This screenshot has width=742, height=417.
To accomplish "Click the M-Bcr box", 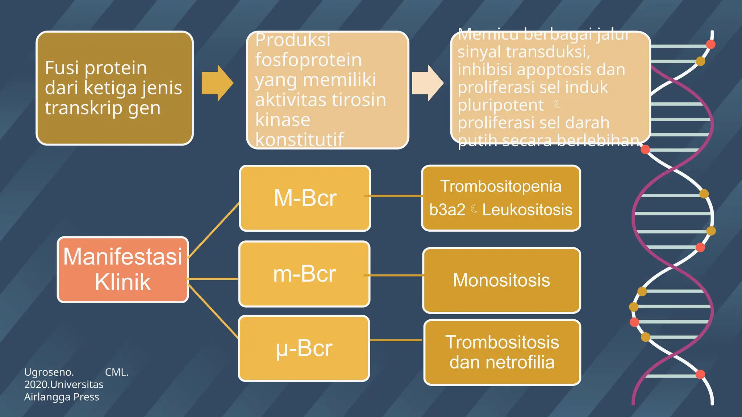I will click(x=305, y=198).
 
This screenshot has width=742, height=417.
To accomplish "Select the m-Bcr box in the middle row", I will click(x=304, y=274).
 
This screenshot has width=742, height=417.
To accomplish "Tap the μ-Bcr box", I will click(x=304, y=348).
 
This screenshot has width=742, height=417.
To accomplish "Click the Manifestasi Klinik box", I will click(x=123, y=270).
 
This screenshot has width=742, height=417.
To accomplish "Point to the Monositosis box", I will click(x=501, y=280).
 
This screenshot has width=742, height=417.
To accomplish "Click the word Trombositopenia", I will click(x=501, y=186).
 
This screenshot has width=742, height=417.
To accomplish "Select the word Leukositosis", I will click(x=527, y=210).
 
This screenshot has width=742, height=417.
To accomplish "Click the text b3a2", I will click(x=447, y=210).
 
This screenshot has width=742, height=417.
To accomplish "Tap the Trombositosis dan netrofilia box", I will click(x=502, y=352).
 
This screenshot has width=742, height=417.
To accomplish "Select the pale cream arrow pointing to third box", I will click(x=428, y=83).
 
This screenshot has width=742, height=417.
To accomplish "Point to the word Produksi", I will click(x=293, y=40).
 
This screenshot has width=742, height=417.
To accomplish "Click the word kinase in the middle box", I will click(x=283, y=120).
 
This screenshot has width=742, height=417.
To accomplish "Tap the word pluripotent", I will click(x=500, y=105).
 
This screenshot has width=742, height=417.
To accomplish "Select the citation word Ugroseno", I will click(x=49, y=372).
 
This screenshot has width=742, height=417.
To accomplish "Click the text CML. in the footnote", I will click(x=117, y=372).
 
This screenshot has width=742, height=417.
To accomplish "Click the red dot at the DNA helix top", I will click(x=710, y=45).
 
